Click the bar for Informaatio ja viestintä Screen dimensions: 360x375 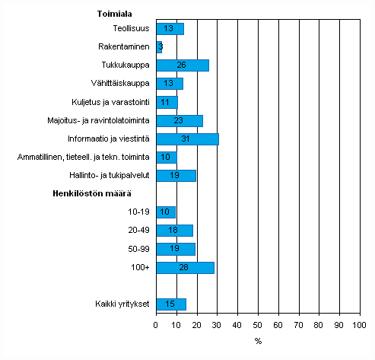click(187, 139)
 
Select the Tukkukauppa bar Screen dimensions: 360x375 click(182, 65)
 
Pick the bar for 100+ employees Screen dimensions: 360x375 click(185, 267)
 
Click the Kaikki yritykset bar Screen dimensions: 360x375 click(171, 304)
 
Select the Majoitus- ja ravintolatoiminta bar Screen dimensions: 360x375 click(179, 120)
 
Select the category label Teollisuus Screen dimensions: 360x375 click(129, 29)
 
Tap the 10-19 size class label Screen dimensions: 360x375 click(138, 212)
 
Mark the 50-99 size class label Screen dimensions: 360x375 click(138, 249)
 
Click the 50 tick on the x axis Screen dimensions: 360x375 click(257, 326)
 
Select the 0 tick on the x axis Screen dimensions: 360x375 click(156, 326)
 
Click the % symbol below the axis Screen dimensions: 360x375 click(258, 341)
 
